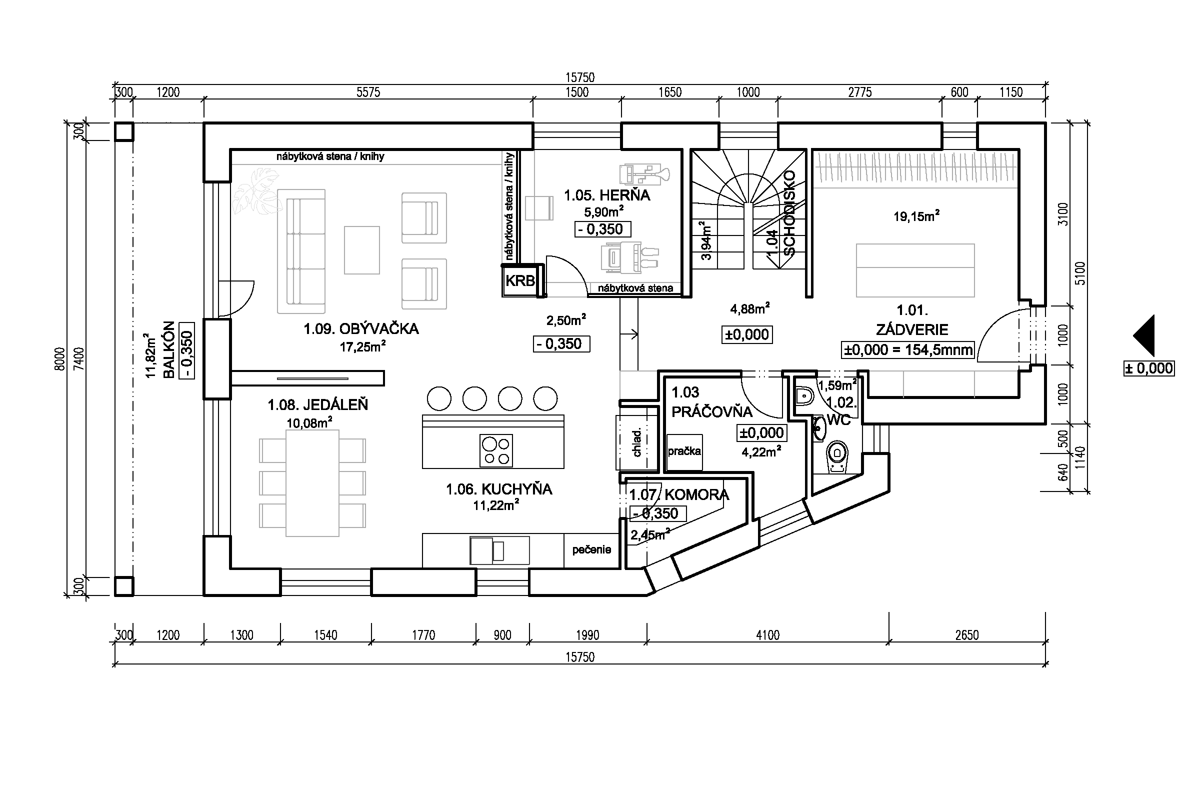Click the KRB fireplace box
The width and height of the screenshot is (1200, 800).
520,280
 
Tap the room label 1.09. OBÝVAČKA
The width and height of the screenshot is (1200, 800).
361,328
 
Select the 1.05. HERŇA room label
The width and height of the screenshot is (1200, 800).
606,195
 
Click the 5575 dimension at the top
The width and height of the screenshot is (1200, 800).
368,92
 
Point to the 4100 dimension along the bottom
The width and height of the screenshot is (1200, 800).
767,635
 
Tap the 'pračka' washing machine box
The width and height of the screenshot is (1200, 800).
684,452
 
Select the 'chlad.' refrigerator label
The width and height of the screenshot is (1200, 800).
636,442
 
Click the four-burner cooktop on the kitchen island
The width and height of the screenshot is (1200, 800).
496,450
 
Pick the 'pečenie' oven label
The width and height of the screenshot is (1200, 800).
591,549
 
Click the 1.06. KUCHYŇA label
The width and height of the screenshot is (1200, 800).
499,489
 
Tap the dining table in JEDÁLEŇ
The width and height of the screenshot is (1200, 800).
312,483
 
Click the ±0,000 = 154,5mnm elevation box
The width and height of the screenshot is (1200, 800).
907,350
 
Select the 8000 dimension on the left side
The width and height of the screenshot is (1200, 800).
60,358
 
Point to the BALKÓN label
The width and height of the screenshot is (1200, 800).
168,349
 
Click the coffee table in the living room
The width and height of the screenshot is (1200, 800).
361,250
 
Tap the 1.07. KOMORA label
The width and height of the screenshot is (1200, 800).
679,494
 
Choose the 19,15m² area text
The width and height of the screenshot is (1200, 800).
916,216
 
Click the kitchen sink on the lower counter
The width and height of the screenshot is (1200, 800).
499,550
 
